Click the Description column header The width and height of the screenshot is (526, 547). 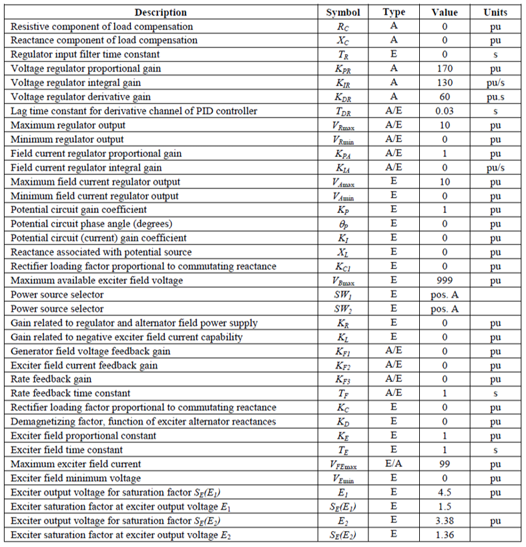coord(160,12)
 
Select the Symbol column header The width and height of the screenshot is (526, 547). coord(343,12)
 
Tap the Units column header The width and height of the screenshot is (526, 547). coord(495,12)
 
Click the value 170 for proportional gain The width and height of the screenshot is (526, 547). coord(445,69)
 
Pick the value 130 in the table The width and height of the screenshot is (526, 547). coord(445,83)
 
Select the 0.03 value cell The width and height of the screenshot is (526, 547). coord(445,111)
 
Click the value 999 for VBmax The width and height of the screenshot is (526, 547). coord(445,281)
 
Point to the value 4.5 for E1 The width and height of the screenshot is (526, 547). coord(445,493)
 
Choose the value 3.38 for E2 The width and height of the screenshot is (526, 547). coord(445,521)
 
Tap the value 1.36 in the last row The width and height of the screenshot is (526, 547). coord(445,535)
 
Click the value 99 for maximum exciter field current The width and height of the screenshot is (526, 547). coord(445,464)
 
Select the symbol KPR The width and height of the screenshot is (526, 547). coord(343,69)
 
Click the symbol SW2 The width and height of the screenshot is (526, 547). coord(343,309)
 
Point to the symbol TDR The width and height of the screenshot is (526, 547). coord(343,111)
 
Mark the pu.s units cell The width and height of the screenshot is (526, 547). coord(495,97)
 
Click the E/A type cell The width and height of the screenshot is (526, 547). coord(394,464)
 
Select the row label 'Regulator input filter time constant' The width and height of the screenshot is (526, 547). coord(85,55)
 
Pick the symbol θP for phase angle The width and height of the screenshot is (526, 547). coord(343,224)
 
